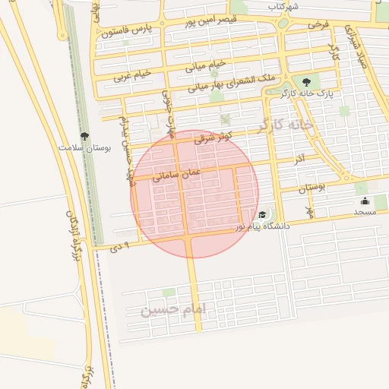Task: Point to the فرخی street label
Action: [x=318, y=24]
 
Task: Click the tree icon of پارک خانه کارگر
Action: [x=306, y=82]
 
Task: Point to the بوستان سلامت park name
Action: [x=86, y=148]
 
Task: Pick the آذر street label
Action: [x=299, y=159]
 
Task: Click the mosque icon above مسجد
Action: [x=365, y=201]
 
